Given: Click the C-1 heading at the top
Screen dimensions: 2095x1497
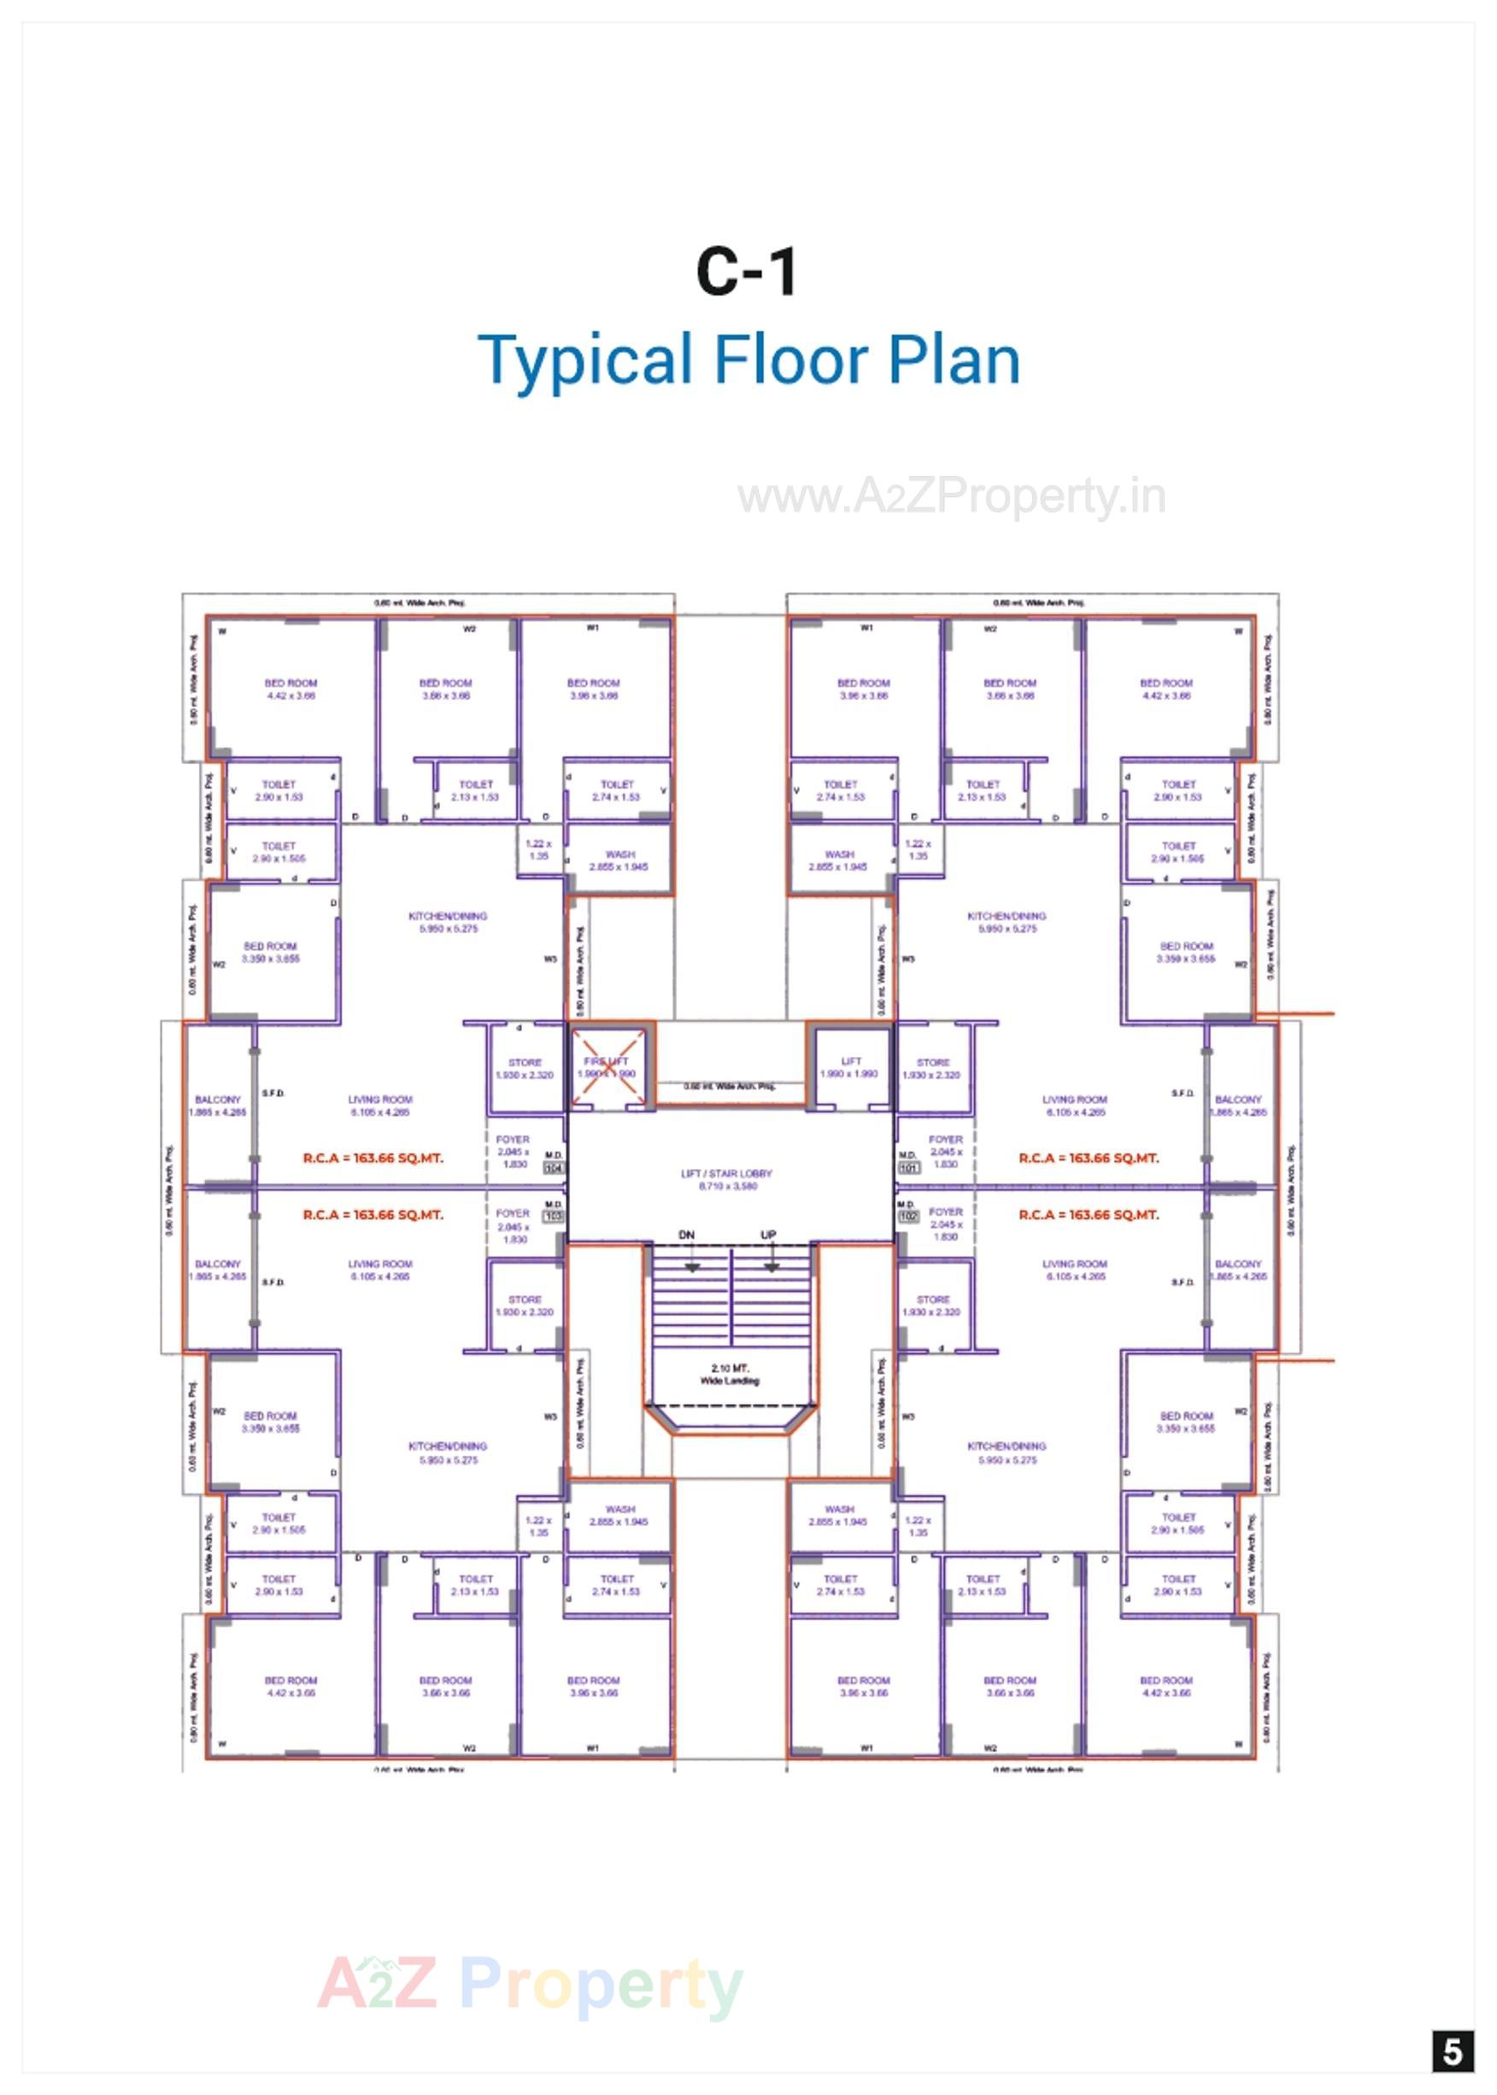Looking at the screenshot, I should click(x=746, y=272).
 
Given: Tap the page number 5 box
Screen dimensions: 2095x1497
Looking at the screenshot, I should click(x=1452, y=2051).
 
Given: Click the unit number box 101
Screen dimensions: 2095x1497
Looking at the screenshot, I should click(x=909, y=1168).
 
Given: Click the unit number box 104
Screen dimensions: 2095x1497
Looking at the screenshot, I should click(x=553, y=1168).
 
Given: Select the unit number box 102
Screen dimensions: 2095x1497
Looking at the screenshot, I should click(x=909, y=1217).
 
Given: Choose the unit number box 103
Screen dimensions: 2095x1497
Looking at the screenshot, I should click(x=553, y=1217).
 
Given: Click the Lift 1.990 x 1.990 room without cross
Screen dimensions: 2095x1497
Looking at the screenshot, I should click(x=850, y=1067).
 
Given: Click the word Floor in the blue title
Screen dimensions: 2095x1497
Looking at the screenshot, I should click(x=790, y=361).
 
